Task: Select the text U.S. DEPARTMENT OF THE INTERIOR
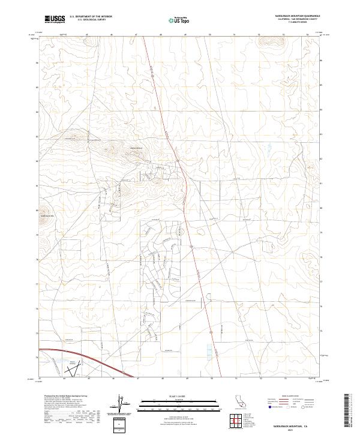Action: pos(92,17)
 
